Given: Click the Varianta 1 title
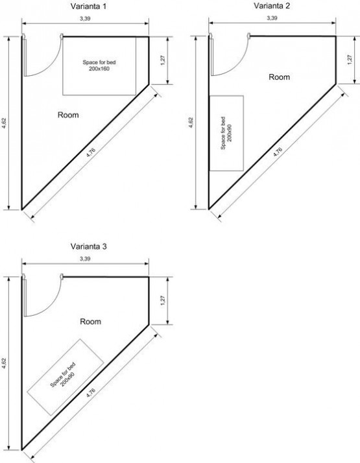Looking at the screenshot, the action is click(x=88, y=6).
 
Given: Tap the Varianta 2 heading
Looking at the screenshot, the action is click(x=272, y=6).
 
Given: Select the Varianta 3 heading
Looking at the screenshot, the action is click(x=88, y=246).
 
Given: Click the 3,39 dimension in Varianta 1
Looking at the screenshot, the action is click(x=85, y=19).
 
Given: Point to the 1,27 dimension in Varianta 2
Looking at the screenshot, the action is click(x=350, y=60).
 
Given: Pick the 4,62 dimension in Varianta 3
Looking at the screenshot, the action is click(x=4, y=363).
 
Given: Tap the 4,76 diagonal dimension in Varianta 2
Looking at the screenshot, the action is click(x=278, y=152).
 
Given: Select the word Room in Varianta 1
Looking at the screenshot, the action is click(x=68, y=115).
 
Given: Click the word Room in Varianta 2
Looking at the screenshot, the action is click(x=279, y=77).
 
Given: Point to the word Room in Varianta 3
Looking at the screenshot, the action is click(x=91, y=322).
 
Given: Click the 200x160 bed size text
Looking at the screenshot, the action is click(x=99, y=69).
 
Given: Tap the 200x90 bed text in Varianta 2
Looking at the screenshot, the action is click(x=230, y=133).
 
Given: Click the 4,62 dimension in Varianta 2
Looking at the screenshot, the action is click(x=191, y=123).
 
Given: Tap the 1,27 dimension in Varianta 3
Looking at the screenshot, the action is click(x=163, y=301).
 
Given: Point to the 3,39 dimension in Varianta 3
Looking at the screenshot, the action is click(x=85, y=259).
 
